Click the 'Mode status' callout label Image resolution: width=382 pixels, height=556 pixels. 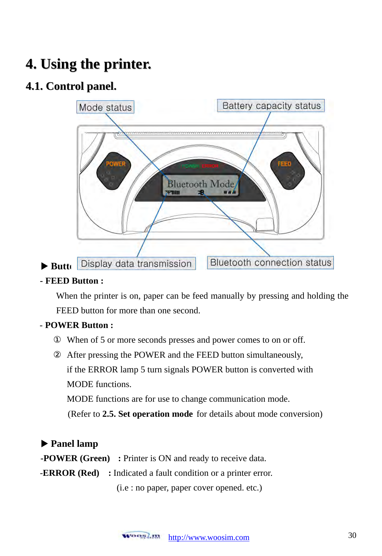click(x=105, y=107)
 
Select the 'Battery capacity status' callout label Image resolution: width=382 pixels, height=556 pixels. click(x=271, y=106)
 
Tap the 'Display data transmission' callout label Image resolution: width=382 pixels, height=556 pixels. click(x=136, y=263)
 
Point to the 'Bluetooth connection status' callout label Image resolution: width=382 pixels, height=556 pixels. click(x=270, y=262)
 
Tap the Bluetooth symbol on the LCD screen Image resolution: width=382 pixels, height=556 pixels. click(x=201, y=193)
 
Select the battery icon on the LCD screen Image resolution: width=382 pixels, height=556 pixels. click(x=230, y=193)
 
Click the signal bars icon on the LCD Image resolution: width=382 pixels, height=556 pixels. click(x=173, y=193)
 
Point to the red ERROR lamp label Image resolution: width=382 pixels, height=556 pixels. click(x=210, y=166)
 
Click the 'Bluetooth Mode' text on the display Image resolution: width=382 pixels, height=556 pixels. click(x=201, y=184)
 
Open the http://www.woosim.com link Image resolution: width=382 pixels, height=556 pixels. click(x=209, y=537)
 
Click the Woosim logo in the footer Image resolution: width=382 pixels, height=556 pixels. click(x=141, y=536)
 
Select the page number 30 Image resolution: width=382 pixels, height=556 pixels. click(x=352, y=535)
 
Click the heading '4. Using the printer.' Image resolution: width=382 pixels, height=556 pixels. click(x=88, y=64)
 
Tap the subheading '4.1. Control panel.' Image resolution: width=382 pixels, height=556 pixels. click(x=71, y=86)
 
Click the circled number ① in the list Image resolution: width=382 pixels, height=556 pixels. click(x=57, y=340)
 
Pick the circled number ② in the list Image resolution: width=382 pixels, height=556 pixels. click(x=57, y=355)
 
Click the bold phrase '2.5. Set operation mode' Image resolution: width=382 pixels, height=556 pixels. click(x=147, y=414)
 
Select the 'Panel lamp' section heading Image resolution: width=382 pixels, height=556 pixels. click(x=74, y=443)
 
